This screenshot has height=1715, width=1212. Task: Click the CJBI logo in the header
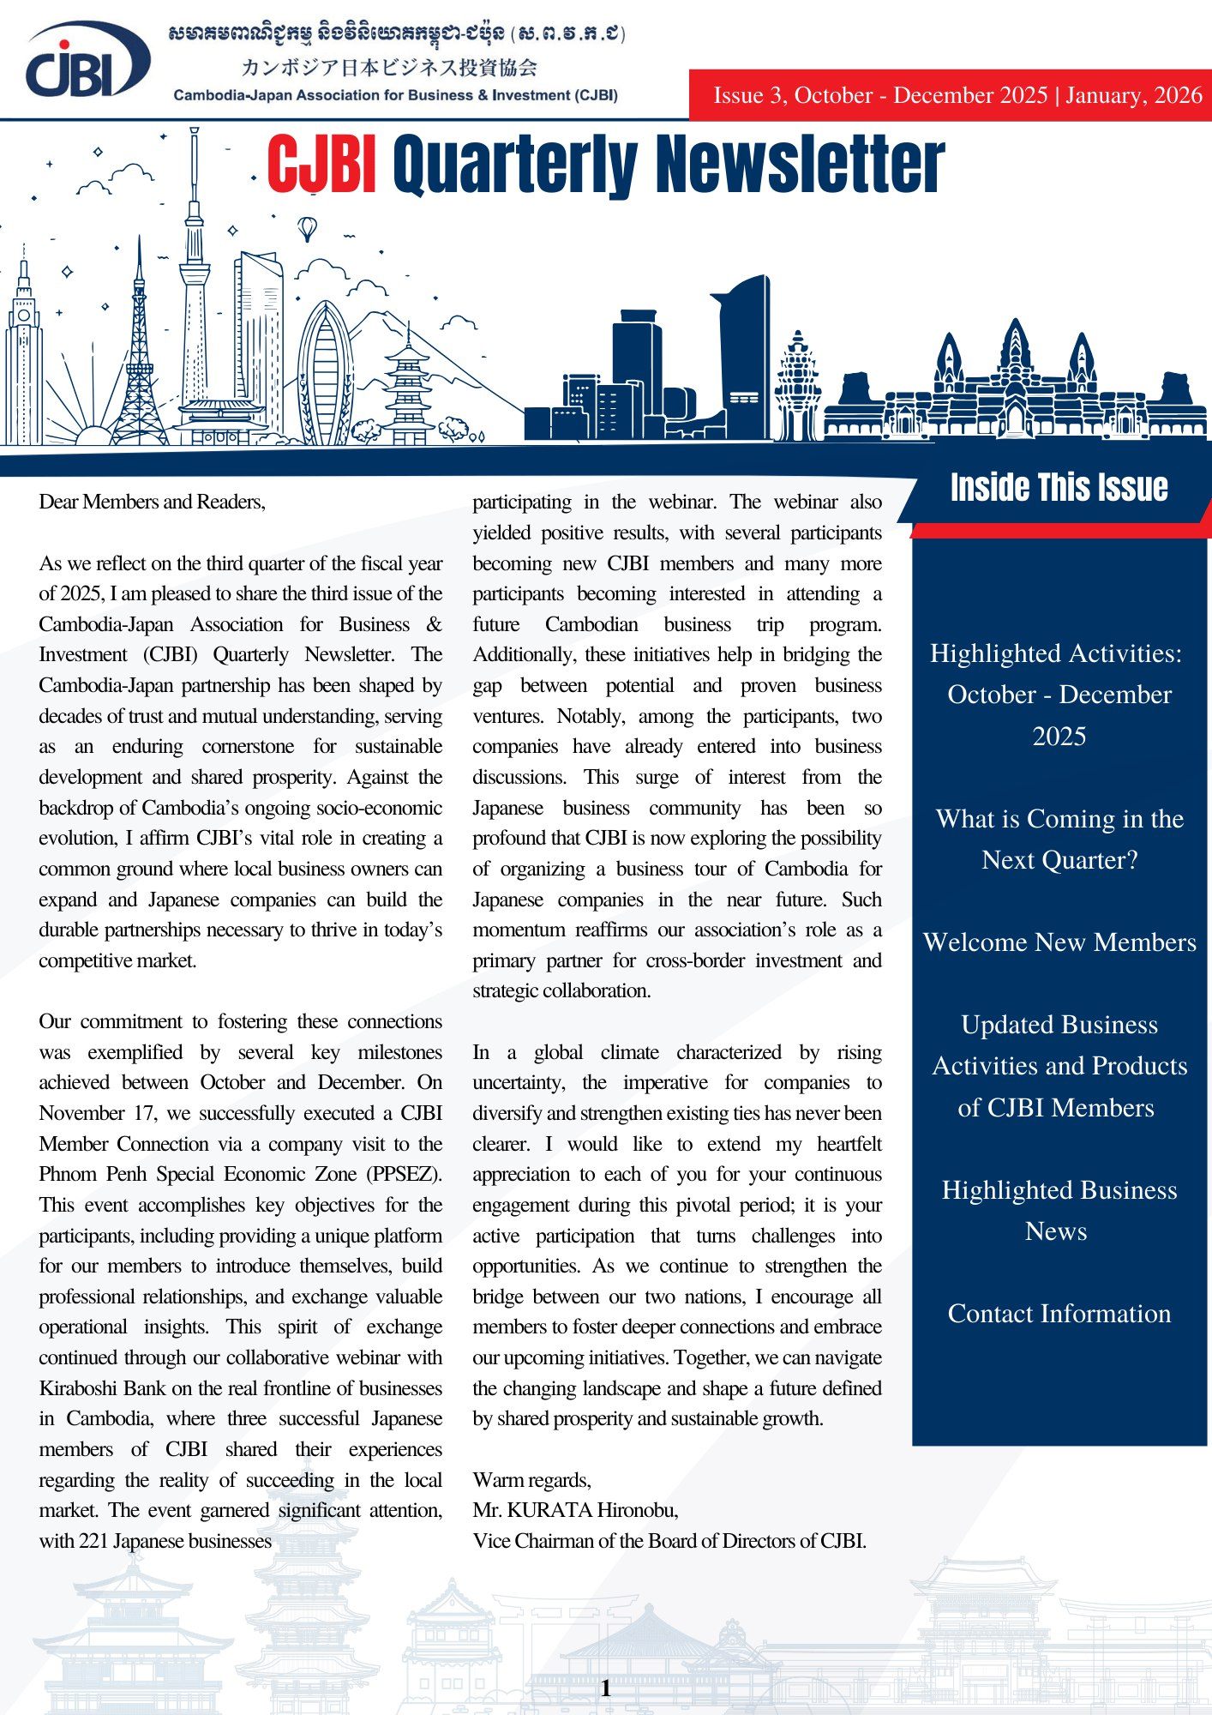click(x=86, y=62)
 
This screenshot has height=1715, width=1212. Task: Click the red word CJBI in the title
click(x=321, y=165)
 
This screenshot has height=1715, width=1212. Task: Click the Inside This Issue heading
click(x=1059, y=487)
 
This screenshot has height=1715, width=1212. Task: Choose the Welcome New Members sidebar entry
click(x=1059, y=942)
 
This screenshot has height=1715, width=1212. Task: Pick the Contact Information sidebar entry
click(x=1059, y=1314)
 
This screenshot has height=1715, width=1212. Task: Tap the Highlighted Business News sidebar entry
click(x=1059, y=1210)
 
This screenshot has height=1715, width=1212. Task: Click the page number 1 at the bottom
click(x=606, y=1688)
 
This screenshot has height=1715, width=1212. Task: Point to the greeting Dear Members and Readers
click(x=153, y=502)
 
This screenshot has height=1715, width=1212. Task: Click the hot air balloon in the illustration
click(x=307, y=229)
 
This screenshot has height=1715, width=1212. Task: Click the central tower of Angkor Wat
click(x=1015, y=360)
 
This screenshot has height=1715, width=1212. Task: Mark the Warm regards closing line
click(x=531, y=1480)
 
